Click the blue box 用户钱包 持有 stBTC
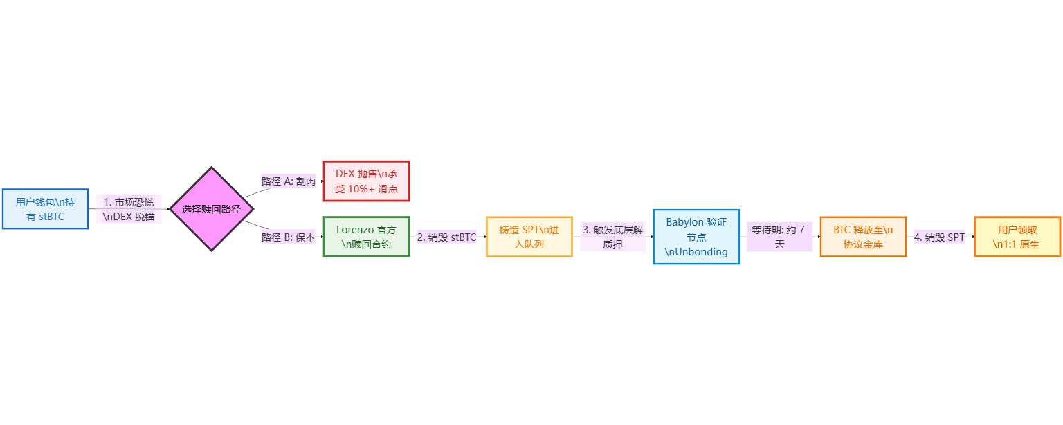click(45, 208)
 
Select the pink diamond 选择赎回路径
click(211, 208)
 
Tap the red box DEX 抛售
click(366, 181)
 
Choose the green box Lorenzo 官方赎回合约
click(366, 237)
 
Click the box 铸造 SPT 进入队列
click(529, 237)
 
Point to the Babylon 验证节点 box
click(696, 237)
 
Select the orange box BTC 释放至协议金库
click(863, 237)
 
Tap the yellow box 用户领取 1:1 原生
click(1017, 237)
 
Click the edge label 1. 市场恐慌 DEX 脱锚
click(129, 209)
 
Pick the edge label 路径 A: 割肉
click(289, 181)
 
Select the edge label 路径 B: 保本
click(289, 237)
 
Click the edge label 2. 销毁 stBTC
click(447, 237)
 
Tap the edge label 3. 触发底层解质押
click(612, 237)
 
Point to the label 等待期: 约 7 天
click(779, 237)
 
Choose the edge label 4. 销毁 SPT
click(939, 237)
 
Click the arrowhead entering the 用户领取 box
click(972, 237)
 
